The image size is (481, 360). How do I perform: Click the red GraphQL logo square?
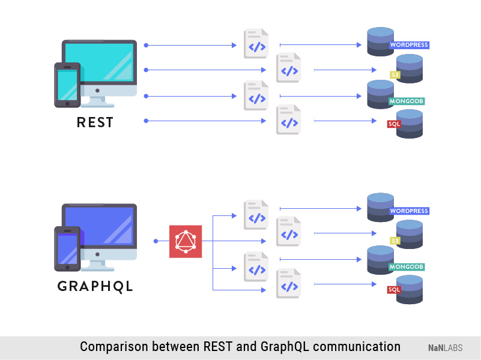pos(186,241)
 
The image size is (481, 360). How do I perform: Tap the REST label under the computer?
pos(95,122)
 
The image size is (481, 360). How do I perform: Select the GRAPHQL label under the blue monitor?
pos(95,287)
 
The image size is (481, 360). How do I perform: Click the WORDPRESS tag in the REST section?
pos(409,45)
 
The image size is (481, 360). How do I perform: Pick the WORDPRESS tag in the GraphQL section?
pos(409,211)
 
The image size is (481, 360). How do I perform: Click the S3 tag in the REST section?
pos(395,75)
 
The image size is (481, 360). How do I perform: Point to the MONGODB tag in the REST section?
pos(407,101)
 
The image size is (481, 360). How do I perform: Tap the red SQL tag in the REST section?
pos(394,124)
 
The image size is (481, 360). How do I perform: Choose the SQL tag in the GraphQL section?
pos(394,290)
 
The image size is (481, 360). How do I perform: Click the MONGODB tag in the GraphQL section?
pos(407,266)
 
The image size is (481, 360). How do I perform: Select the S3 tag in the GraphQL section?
pos(395,241)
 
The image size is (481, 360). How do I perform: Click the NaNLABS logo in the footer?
pos(445,348)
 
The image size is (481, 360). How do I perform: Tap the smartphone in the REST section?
pos(67,85)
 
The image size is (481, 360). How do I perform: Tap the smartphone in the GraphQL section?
pos(67,248)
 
